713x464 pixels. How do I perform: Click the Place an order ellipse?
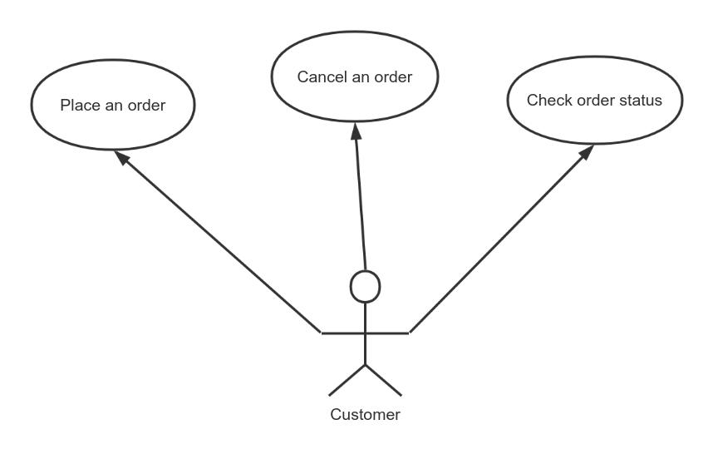pos(112,106)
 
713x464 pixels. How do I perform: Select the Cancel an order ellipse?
pos(355,77)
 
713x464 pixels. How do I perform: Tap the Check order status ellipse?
pos(594,101)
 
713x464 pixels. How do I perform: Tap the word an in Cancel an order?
pos(362,77)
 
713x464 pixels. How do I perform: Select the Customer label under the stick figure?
pos(365,414)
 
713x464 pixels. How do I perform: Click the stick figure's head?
pos(365,286)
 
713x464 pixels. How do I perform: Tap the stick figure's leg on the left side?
pos(347,379)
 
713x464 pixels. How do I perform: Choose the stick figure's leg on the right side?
pos(383,379)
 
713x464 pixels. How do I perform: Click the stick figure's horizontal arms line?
pos(365,333)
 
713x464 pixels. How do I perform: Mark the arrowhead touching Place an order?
pos(121,158)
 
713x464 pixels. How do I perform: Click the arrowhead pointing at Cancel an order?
pos(356,131)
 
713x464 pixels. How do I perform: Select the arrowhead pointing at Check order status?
pos(587,154)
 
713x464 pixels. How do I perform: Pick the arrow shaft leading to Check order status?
pos(499,242)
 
